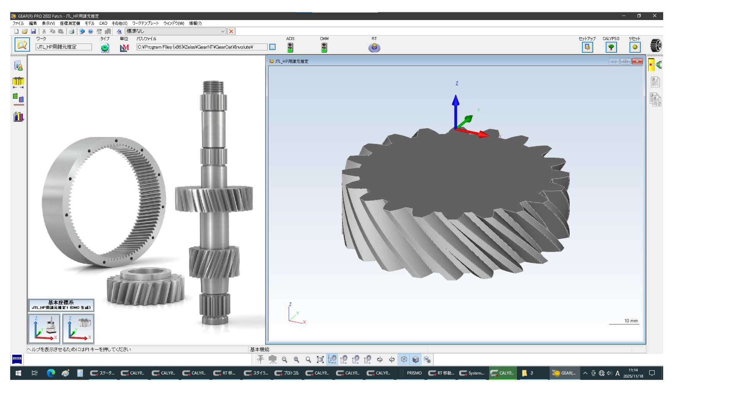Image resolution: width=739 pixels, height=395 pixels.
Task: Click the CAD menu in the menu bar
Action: [x=103, y=24]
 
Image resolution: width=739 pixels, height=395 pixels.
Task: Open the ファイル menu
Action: [x=18, y=24]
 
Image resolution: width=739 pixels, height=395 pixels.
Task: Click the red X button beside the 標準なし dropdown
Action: [x=231, y=31]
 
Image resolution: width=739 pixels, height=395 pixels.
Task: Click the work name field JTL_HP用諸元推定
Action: [x=64, y=47]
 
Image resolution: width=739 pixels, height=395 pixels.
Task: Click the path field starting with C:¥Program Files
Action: [x=202, y=47]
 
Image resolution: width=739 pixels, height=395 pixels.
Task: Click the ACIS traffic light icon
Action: [x=290, y=47]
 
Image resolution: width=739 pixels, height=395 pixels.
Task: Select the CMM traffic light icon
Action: [x=324, y=47]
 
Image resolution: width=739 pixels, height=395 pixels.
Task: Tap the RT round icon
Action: [x=374, y=47]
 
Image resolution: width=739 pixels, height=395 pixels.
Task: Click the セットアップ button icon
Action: [x=587, y=47]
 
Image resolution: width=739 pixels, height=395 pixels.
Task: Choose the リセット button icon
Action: [x=635, y=47]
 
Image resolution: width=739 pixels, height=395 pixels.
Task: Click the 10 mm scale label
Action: [x=631, y=321]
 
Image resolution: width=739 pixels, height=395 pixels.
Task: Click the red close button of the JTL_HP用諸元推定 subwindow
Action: [x=637, y=61]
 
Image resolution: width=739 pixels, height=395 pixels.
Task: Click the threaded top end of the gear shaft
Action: [x=213, y=87]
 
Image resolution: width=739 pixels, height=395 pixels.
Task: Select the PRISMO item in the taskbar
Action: [x=414, y=373]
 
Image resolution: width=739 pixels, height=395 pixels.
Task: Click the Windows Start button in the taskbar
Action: [x=18, y=373]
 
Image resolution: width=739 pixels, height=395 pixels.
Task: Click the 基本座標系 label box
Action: [x=61, y=305]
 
